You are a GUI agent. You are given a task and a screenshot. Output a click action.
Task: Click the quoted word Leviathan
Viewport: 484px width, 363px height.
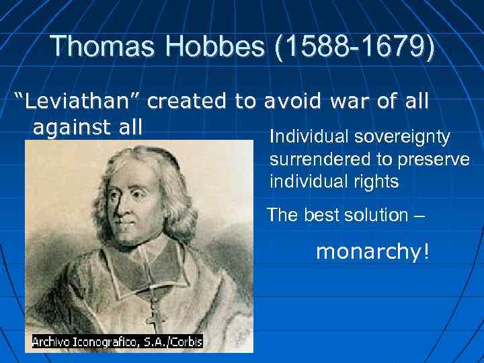pyautogui.click(x=78, y=102)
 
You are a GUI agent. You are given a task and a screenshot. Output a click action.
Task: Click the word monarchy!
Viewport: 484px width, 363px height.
pyautogui.click(x=371, y=252)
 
